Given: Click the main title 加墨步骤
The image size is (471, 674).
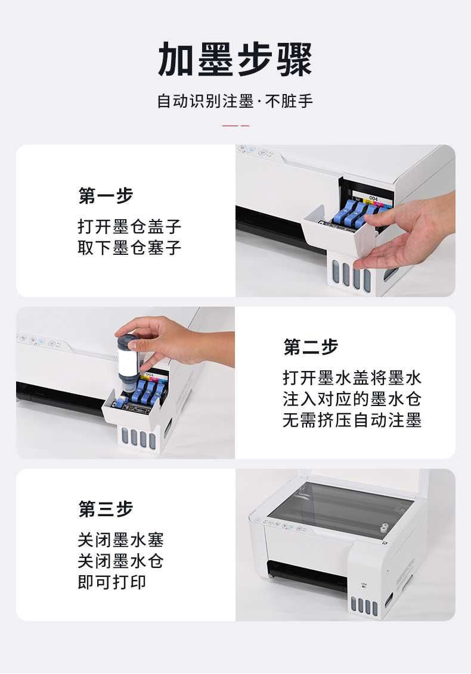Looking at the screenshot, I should tap(235, 60).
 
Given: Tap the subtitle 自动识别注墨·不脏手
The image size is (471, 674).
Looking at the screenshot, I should tap(235, 101).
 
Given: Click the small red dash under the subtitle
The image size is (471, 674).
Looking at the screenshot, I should tap(235, 126).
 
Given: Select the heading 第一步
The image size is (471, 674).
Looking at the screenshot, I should tap(106, 195).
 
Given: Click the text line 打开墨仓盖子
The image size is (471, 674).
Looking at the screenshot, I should tap(129, 226).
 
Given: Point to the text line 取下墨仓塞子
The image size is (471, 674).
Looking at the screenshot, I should tap(129, 248).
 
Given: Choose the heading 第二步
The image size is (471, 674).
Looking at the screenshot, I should tap(311, 347).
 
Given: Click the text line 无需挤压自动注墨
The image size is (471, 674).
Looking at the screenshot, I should tap(352, 420).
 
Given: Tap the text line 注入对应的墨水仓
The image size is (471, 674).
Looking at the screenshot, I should tap(352, 399).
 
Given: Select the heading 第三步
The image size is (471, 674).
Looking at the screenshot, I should tap(106, 509).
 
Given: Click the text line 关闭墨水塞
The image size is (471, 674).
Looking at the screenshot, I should tap(120, 540).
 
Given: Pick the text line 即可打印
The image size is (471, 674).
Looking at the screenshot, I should tap(111, 582).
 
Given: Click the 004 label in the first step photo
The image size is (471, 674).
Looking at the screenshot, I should tap(373, 198).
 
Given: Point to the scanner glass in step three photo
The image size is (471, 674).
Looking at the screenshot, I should tap(337, 506).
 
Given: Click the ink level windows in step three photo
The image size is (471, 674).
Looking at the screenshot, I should tap(364, 606).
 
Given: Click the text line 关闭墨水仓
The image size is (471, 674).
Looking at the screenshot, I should tap(120, 561).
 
